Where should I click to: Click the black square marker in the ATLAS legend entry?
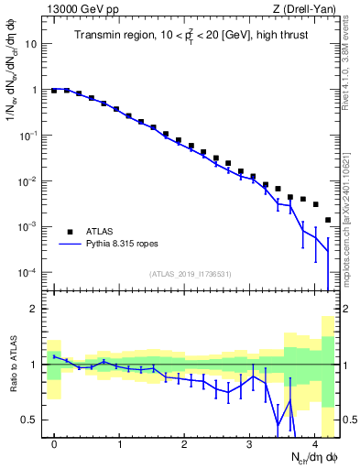[x=69, y=232]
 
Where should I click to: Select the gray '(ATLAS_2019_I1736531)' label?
[x=190, y=274]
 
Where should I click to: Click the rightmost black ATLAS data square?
[x=328, y=220]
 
